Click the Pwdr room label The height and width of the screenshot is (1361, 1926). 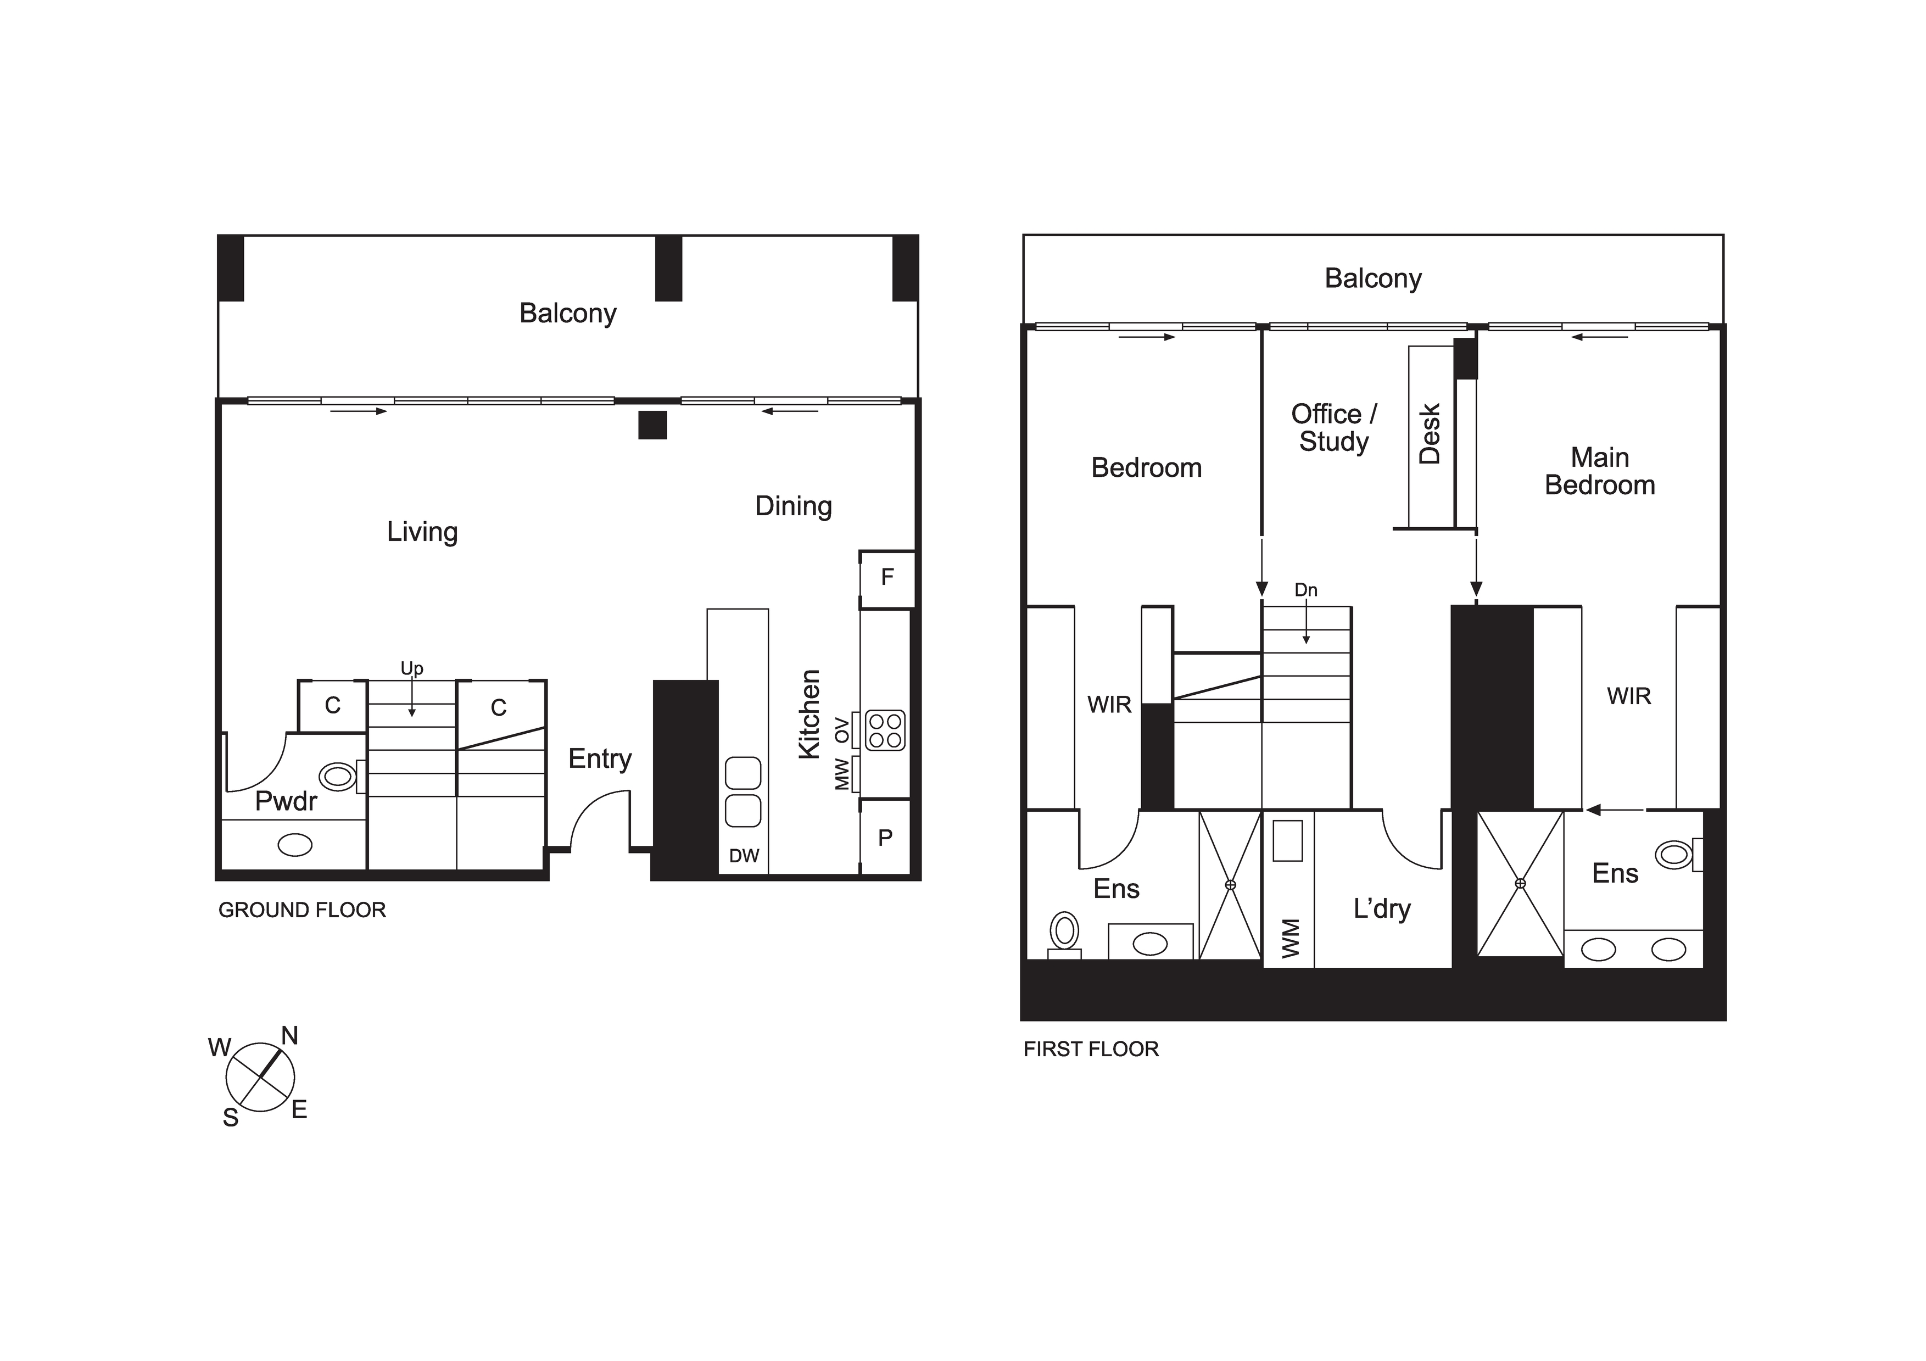286,801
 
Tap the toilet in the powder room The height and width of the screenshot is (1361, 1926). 342,776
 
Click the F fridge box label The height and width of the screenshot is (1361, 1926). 887,577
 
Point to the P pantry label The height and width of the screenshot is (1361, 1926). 885,838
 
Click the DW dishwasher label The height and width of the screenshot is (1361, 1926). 744,856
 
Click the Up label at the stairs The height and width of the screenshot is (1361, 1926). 412,669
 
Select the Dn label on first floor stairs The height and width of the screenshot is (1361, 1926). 1306,590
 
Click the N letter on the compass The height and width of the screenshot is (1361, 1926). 289,1036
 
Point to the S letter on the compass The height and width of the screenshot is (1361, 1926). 231,1118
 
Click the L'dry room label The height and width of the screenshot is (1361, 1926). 1382,910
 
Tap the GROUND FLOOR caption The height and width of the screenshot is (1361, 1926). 302,911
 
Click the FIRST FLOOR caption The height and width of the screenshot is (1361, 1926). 1091,1049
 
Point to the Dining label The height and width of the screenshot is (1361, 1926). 794,506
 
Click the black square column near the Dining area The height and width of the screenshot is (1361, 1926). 652,425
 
